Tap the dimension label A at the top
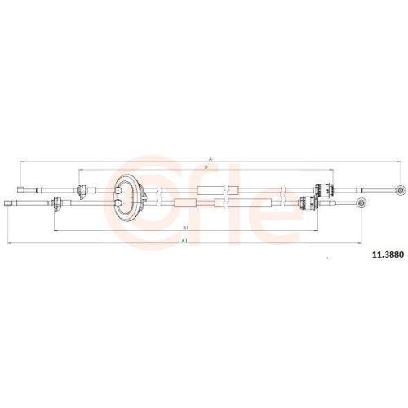211,158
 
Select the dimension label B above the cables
205,167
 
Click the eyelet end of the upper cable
399,189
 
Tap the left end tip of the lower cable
9,201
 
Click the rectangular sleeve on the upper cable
210,189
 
